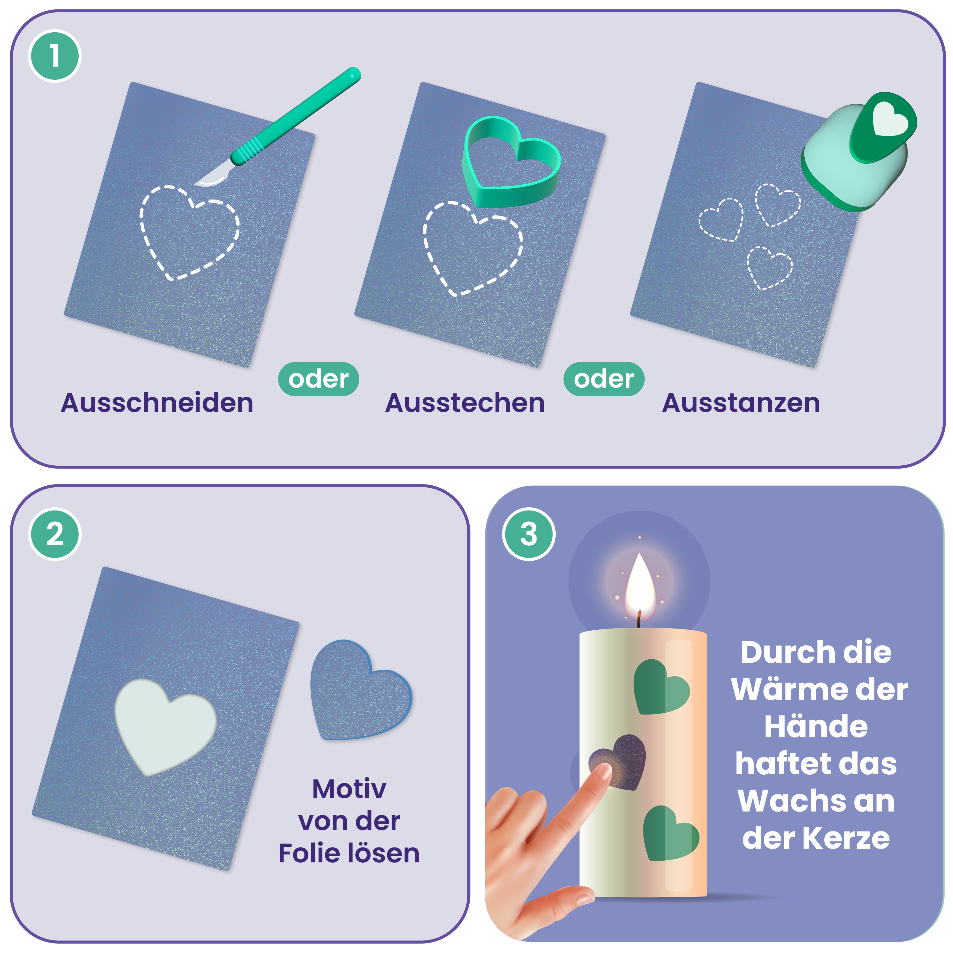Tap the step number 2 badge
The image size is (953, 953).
55,534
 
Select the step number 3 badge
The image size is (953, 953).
528,534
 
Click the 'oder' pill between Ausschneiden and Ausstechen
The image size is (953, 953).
319,379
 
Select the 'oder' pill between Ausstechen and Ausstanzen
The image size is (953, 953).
604,379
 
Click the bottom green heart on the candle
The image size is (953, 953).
670,833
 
